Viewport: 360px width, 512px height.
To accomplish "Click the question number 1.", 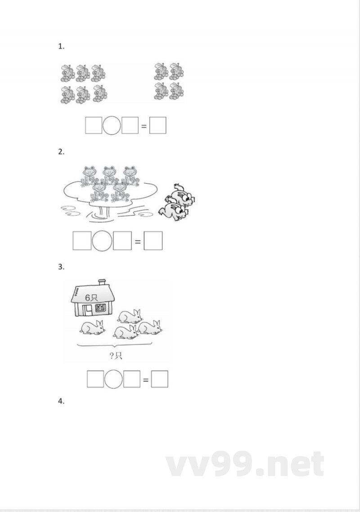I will (61, 46).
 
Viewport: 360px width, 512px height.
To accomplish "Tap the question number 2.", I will (61, 152).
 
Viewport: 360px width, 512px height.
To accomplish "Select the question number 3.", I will (61, 267).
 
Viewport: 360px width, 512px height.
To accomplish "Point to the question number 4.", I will (61, 401).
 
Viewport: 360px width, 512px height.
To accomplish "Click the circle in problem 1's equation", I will (112, 126).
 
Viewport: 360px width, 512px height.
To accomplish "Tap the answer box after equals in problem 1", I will (158, 126).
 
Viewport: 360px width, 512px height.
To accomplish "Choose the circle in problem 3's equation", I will (113, 379).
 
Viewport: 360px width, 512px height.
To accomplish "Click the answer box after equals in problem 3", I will (160, 379).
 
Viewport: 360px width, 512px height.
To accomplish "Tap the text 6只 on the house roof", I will (91, 297).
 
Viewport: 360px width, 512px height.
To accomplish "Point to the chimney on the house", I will (102, 283).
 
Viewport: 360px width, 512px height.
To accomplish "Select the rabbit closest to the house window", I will (129, 317).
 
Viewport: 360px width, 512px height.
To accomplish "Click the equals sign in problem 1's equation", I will (144, 127).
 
